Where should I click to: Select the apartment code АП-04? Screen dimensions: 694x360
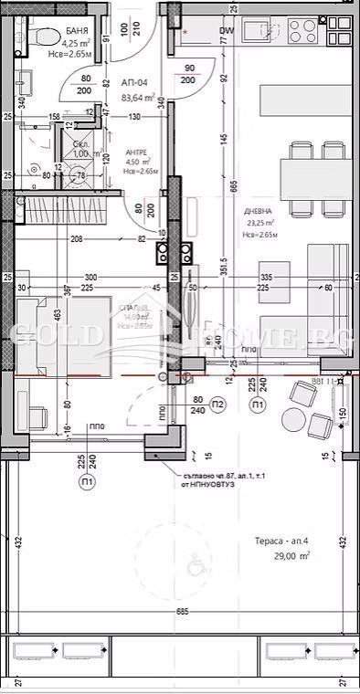coord(134,82)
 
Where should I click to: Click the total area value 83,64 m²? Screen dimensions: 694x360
coord(137,98)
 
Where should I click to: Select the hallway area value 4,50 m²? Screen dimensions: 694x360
coord(134,164)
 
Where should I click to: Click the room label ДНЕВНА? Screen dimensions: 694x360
coord(258,211)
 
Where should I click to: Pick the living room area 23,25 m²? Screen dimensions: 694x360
coord(259,222)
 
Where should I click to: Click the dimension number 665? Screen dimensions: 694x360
coord(234,187)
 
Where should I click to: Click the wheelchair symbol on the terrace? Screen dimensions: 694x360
coord(193,560)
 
